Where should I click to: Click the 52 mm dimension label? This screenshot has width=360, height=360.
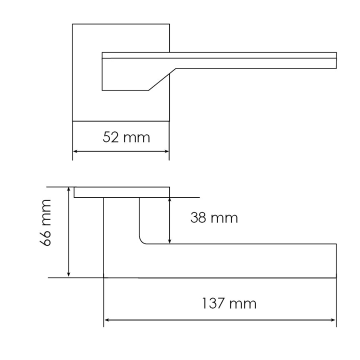[x=126, y=137]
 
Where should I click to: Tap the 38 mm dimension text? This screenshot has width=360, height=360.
[x=214, y=218]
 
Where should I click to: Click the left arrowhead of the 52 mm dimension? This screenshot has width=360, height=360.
[x=75, y=151]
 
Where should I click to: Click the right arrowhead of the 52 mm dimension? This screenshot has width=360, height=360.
[x=166, y=151]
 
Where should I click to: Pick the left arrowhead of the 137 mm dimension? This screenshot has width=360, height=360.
[x=106, y=319]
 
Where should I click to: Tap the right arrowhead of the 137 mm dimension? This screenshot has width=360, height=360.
[x=333, y=319]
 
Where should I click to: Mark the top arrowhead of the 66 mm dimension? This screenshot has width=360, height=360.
[x=69, y=190]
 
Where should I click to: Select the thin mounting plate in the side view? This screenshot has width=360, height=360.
[x=121, y=192]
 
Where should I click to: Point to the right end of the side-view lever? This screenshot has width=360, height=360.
[x=335, y=260]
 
